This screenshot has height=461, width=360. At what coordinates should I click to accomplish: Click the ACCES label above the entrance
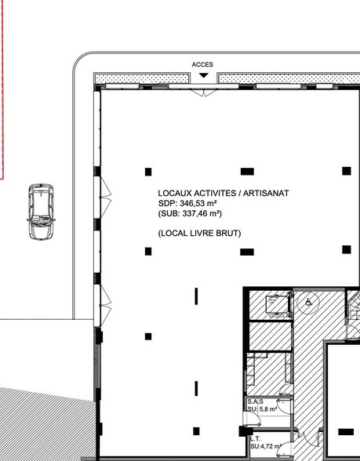pyautogui.click(x=202, y=65)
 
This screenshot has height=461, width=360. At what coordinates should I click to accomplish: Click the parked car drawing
pyautogui.click(x=39, y=212)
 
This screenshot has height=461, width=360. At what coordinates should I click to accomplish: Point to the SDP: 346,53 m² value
pyautogui.click(x=187, y=202)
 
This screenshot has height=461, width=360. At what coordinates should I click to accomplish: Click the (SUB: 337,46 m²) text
pyautogui.click(x=191, y=212)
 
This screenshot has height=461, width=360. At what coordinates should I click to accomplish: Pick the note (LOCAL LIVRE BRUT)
pyautogui.click(x=198, y=234)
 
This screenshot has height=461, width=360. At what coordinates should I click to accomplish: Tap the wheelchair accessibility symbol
pyautogui.click(x=310, y=301)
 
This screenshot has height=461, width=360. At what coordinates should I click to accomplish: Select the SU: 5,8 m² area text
pyautogui.click(x=260, y=408)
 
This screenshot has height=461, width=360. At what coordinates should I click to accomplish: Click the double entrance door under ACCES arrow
pyautogui.click(x=203, y=92)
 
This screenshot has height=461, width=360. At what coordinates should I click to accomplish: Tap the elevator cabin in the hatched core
pyautogui.click(x=275, y=304)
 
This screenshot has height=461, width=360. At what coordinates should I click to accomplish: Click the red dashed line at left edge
pyautogui.click(x=4, y=86)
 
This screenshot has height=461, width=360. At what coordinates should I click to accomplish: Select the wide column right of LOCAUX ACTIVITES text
pyautogui.click(x=247, y=171)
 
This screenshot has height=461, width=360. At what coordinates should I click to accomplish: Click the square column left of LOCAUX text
pyautogui.click(x=147, y=170)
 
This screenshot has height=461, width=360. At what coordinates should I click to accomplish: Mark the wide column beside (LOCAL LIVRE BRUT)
pyautogui.click(x=247, y=252)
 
